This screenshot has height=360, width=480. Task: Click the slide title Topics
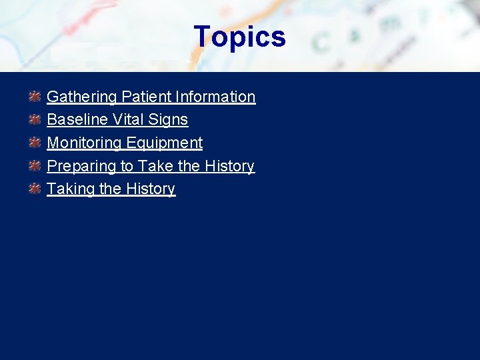[x=239, y=37]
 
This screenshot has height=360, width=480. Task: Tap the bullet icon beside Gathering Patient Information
[x=35, y=97]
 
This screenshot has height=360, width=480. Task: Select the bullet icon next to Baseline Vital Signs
[x=35, y=120]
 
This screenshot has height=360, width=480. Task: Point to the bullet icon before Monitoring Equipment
[x=35, y=143]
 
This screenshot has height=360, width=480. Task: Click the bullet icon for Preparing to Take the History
[x=35, y=166]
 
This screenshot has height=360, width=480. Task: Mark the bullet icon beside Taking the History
[x=35, y=189]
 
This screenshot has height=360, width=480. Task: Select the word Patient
[x=145, y=97]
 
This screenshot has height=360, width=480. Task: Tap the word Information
[x=215, y=97]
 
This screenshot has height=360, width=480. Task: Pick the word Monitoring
[x=83, y=143]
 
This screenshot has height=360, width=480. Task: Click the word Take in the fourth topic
[x=155, y=166]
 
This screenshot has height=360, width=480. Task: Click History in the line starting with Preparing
[x=229, y=166]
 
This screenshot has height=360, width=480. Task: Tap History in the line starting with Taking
[x=150, y=189]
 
